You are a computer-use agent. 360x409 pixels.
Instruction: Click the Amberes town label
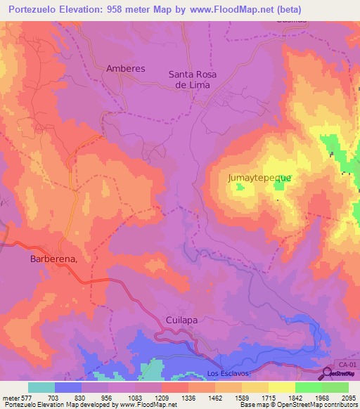[x=125, y=69]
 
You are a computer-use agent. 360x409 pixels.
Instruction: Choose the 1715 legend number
[x=268, y=397]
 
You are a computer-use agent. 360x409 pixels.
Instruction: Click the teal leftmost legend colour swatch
[x=41, y=387]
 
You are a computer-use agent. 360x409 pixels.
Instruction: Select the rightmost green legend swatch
[x=335, y=387]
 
